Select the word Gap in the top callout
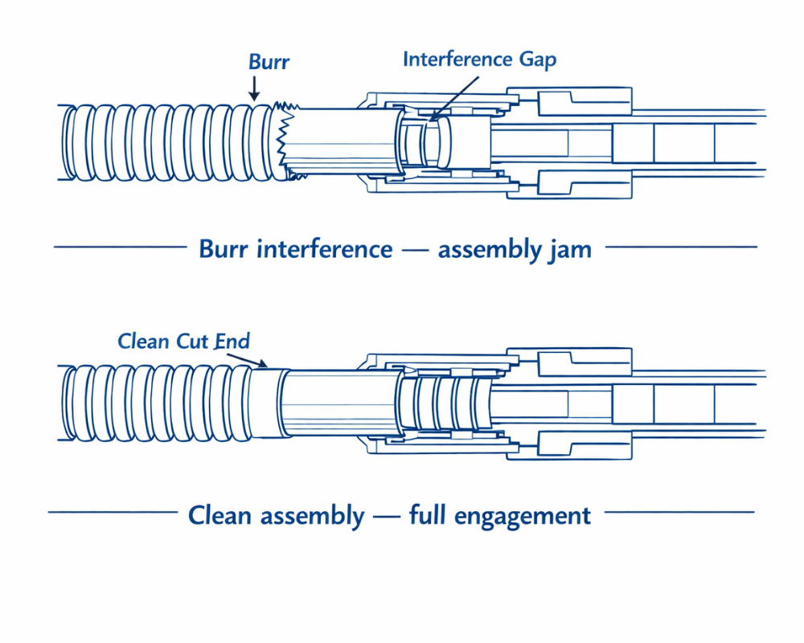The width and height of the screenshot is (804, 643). (537, 59)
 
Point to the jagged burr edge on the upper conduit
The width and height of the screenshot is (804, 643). (283, 140)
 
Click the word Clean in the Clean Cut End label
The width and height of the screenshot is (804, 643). (144, 341)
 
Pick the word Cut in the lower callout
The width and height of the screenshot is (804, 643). (192, 341)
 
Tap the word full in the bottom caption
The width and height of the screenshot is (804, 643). (429, 515)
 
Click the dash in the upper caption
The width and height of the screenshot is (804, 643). (415, 249)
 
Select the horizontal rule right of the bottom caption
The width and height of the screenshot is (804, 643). (679, 512)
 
